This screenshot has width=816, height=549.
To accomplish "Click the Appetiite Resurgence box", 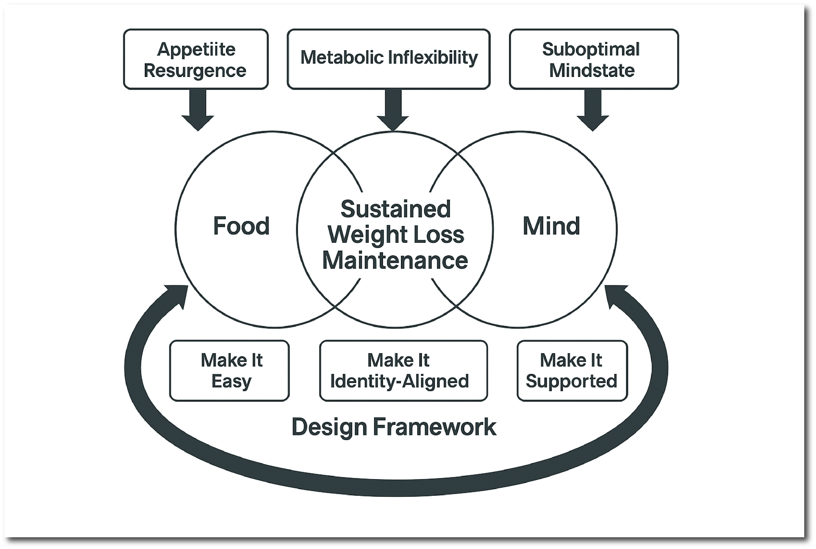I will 196,59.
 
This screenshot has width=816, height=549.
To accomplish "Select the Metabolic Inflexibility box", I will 388,59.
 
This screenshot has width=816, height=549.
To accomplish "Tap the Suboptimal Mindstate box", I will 593,59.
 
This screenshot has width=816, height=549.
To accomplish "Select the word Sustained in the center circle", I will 395,209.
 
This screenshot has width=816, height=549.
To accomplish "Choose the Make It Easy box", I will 230,370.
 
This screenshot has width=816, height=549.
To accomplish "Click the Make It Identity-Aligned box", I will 403,370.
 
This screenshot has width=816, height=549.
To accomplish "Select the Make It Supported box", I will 572,370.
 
